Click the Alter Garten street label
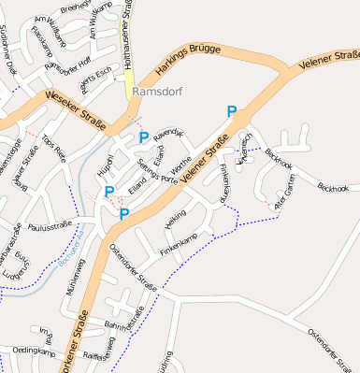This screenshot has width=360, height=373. [x=283, y=196]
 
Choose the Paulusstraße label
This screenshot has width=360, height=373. [x=51, y=226]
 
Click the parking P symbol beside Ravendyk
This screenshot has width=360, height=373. [x=144, y=138]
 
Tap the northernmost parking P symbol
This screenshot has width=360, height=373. [x=231, y=112]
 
